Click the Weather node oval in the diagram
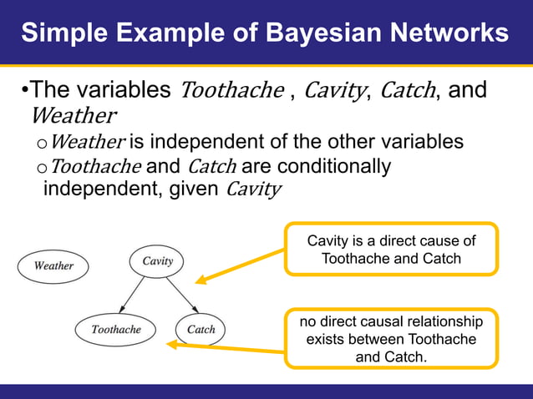[53, 266]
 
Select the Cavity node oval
[157, 261]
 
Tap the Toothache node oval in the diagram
[116, 330]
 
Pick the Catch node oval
[201, 330]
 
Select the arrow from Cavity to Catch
[181, 295]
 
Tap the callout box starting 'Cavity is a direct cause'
[391, 249]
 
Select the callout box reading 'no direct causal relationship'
[391, 339]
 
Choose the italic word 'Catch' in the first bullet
[407, 90]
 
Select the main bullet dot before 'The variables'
[25, 90]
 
